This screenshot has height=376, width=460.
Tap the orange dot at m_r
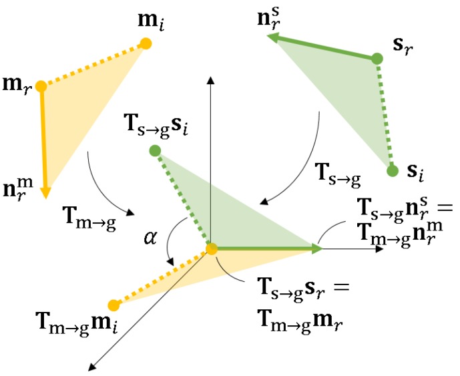pyautogui.click(x=41, y=86)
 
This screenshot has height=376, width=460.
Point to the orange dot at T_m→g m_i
pyautogui.click(x=113, y=306)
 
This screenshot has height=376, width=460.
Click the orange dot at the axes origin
pyautogui.click(x=211, y=249)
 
